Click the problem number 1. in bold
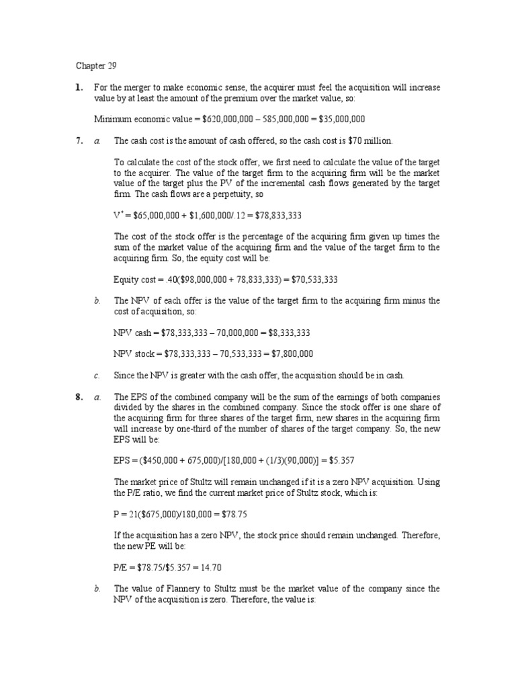point(79,87)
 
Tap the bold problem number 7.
point(79,140)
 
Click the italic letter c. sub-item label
point(97,374)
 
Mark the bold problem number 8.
point(79,397)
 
